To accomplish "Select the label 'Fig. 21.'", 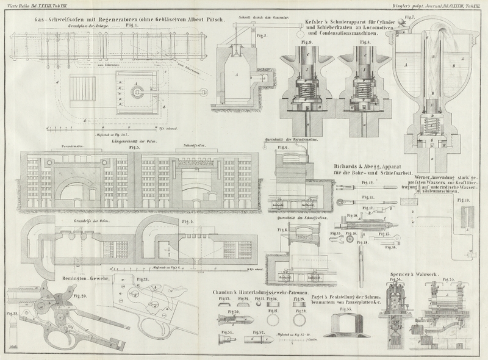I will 143,279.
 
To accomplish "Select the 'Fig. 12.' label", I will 367,182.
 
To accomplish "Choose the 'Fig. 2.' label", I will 262,35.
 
